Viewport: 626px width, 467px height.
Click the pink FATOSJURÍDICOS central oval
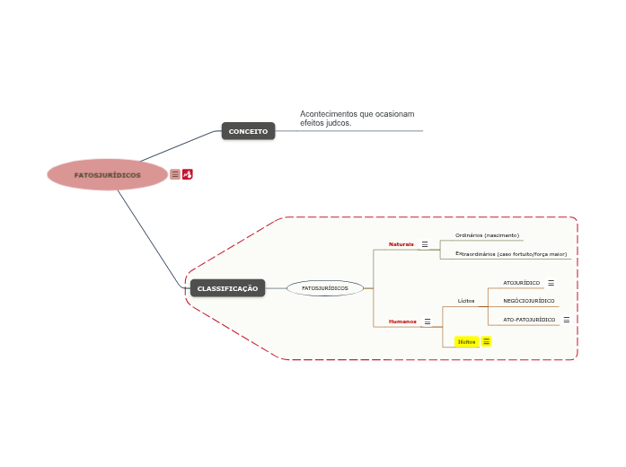[108, 175]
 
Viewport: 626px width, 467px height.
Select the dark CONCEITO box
[248, 131]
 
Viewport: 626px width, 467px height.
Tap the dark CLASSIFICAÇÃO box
[227, 288]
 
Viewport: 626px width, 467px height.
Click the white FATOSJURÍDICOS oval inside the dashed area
[325, 288]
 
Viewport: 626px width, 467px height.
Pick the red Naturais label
[401, 244]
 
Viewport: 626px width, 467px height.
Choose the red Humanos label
[402, 322]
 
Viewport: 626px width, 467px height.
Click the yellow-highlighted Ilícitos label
[466, 341]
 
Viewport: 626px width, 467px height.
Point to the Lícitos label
[466, 301]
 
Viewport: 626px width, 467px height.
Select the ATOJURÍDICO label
[522, 283]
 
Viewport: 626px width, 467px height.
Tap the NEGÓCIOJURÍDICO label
[528, 301]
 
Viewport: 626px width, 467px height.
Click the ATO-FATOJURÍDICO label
[529, 320]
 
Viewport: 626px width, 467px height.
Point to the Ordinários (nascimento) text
[487, 235]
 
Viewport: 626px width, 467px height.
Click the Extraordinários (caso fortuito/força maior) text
[511, 254]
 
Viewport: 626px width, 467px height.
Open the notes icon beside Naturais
[425, 244]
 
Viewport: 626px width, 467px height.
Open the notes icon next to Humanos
[428, 322]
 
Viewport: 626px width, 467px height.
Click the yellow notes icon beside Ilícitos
[486, 341]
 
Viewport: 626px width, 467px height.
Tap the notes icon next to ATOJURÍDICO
[551, 283]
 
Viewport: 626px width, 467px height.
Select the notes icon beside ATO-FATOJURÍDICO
[566, 320]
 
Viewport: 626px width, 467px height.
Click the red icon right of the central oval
[188, 174]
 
